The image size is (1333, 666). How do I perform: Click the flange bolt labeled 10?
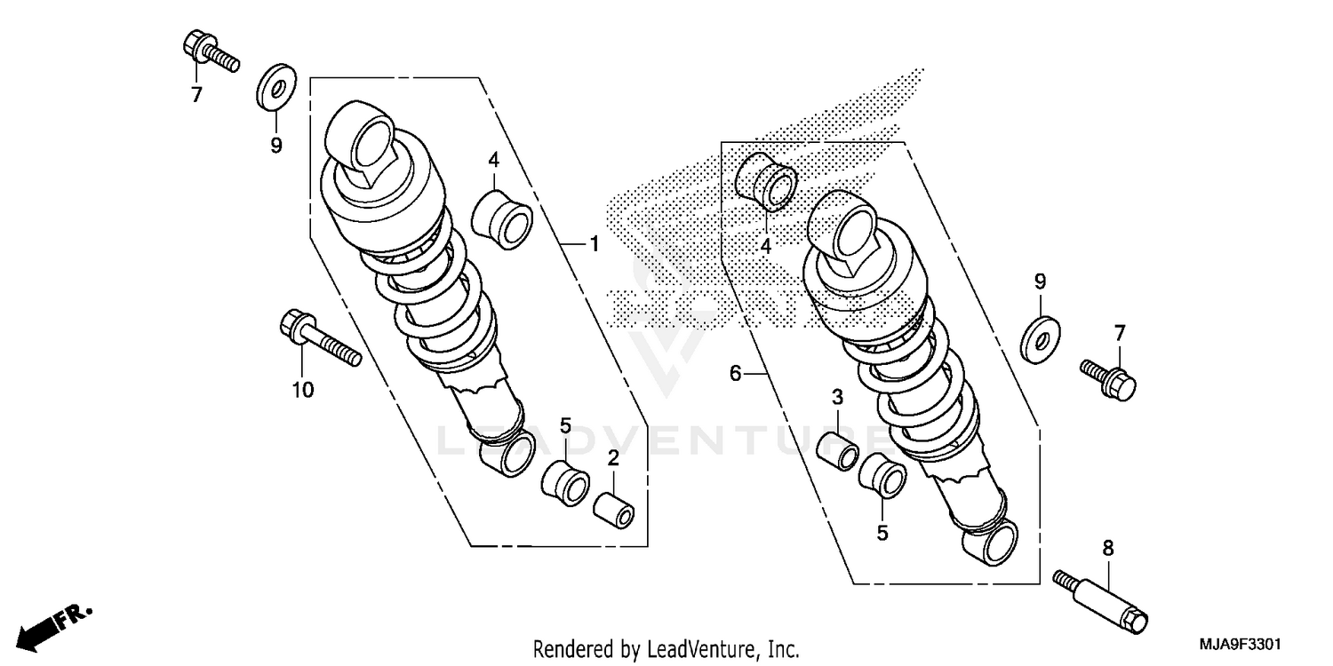(320, 339)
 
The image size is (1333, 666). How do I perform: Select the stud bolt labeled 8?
(1102, 599)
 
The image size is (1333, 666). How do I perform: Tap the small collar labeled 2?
(612, 510)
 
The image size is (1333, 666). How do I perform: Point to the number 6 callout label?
(735, 374)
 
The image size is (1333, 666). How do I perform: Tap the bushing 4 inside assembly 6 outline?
(766, 181)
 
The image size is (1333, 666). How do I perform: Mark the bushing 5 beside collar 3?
(882, 475)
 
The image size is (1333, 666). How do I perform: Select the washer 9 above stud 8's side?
(1040, 338)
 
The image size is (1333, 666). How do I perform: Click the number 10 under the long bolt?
(303, 390)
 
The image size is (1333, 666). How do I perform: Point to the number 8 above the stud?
(1107, 548)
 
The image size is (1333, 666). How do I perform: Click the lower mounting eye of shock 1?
(503, 455)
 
